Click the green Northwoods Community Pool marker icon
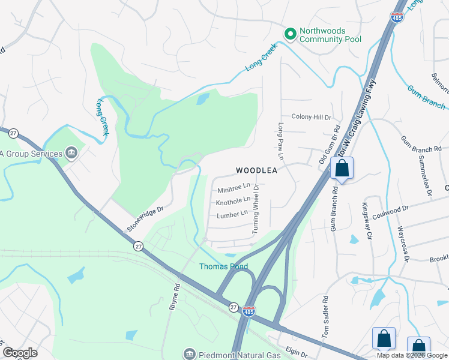pyautogui.click(x=291, y=34)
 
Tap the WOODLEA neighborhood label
pyautogui.click(x=256, y=171)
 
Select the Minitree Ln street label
pyautogui.click(x=234, y=188)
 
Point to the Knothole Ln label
pyautogui.click(x=233, y=200)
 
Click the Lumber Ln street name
pyautogui.click(x=232, y=214)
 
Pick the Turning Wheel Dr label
pyautogui.click(x=256, y=209)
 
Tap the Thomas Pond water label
pyautogui.click(x=223, y=266)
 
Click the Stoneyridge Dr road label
pyautogui.click(x=145, y=220)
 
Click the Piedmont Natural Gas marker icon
pyautogui.click(x=190, y=353)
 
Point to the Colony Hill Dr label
pyautogui.click(x=311, y=117)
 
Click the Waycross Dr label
pyautogui.click(x=402, y=244)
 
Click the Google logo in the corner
pyautogui.click(x=20, y=353)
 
